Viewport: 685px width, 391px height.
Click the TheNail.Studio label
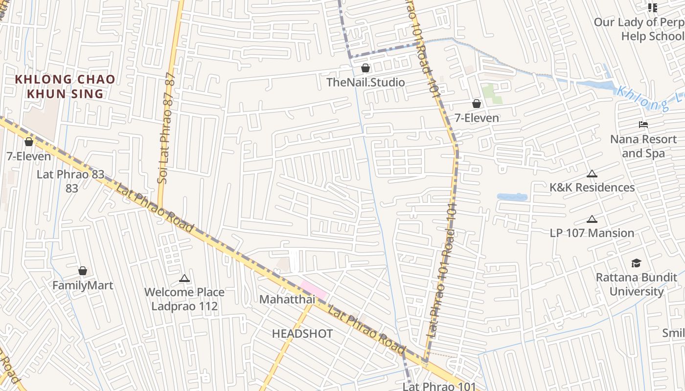[365, 82]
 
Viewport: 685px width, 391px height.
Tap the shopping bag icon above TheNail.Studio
[365, 68]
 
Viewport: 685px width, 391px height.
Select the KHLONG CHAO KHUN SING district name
[65, 87]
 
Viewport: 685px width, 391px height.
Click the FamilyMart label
[83, 285]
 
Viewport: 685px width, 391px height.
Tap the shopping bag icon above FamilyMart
[83, 271]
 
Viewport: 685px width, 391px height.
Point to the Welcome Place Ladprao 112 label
[184, 299]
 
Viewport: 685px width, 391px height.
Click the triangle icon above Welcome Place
[184, 279]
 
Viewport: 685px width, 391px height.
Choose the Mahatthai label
[287, 299]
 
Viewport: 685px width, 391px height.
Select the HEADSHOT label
[302, 334]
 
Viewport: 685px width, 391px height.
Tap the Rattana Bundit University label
[636, 284]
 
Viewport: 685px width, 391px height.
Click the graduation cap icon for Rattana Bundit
[636, 263]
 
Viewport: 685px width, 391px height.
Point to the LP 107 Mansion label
[592, 233]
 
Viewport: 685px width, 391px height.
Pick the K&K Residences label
[592, 188]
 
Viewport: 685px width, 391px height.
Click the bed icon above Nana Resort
[643, 125]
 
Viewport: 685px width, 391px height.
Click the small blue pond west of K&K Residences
[512, 197]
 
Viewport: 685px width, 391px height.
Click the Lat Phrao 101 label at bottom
[439, 386]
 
